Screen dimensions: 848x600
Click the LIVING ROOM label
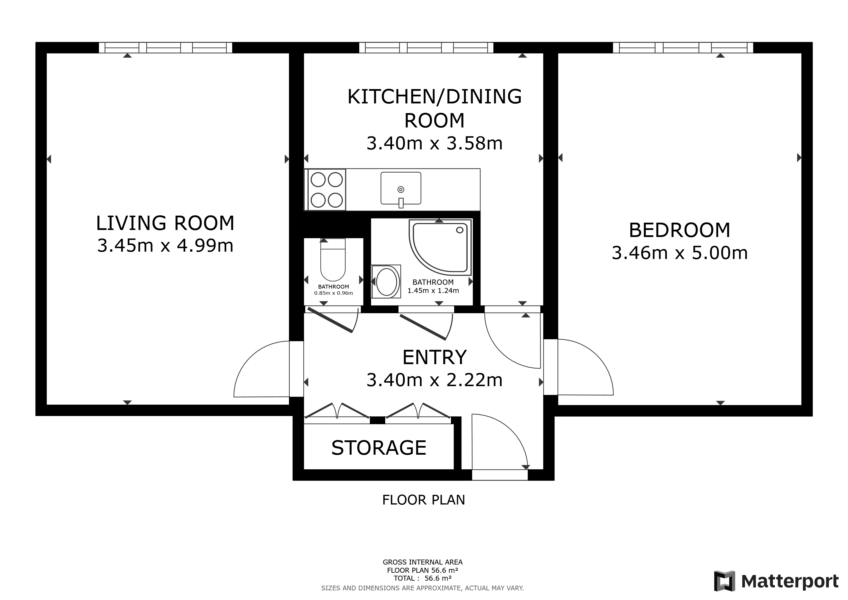tap(165, 223)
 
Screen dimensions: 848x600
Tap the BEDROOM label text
tap(680, 230)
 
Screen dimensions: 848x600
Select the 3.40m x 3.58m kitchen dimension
tap(434, 143)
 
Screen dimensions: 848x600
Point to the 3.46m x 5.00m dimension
tap(680, 253)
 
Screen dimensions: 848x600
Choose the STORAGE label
tap(379, 448)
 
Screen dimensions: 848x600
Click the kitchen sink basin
tap(401, 188)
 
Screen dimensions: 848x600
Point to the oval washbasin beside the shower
tap(386, 282)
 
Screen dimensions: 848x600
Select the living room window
tap(165, 48)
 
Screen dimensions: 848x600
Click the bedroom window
tap(683, 48)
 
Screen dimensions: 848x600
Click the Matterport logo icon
tap(724, 581)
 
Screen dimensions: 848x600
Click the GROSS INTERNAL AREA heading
tap(423, 562)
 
